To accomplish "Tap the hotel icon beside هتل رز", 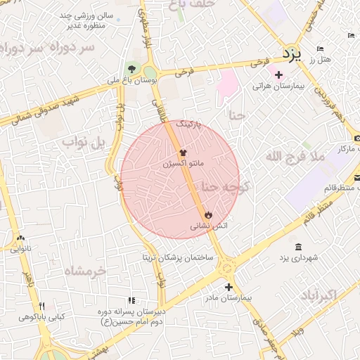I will [320, 49].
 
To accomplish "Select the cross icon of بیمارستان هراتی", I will [278, 75].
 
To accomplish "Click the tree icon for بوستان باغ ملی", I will [131, 68].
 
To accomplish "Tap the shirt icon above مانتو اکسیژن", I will [184, 152].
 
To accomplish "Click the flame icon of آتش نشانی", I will [208, 215].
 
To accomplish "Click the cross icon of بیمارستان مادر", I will [229, 287].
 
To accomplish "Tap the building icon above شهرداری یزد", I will [298, 247].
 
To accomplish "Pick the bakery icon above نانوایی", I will [20, 238].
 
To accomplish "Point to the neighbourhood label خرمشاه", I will [84, 271].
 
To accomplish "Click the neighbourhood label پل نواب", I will [87, 144].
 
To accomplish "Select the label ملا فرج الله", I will [295, 157].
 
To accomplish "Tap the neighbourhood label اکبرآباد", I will [323, 293].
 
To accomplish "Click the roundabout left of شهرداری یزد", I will [226, 269].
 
